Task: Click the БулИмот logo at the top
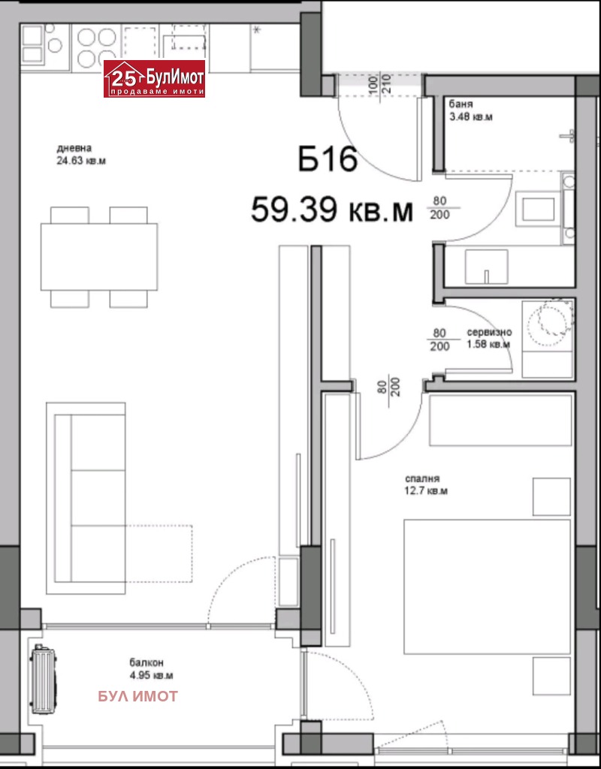[x=154, y=79]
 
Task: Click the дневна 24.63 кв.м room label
[x=79, y=153]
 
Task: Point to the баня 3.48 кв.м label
[x=470, y=111]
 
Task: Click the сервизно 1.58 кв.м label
[x=488, y=338]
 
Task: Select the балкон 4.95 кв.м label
[x=146, y=668]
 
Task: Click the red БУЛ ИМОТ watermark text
[x=137, y=696]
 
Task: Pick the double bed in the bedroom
[x=487, y=586]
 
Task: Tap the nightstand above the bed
[x=551, y=496]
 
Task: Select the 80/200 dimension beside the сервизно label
[x=440, y=339]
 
